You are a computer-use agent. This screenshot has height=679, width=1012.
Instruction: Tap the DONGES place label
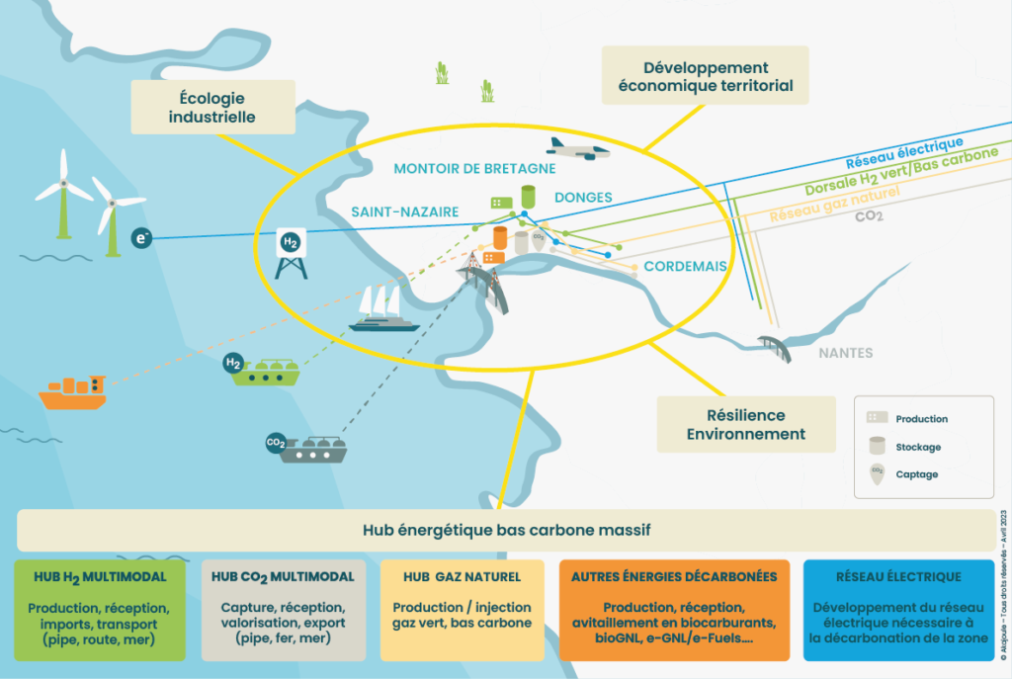(583, 197)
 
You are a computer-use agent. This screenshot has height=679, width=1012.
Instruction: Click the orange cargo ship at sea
(71, 391)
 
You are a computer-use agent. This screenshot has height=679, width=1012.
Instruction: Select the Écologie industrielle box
(212, 108)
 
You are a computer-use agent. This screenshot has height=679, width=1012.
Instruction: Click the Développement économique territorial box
(706, 76)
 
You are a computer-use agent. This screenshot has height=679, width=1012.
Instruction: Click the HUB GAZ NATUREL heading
(462, 576)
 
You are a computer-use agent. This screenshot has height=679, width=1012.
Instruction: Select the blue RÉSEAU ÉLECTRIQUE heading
(898, 576)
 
